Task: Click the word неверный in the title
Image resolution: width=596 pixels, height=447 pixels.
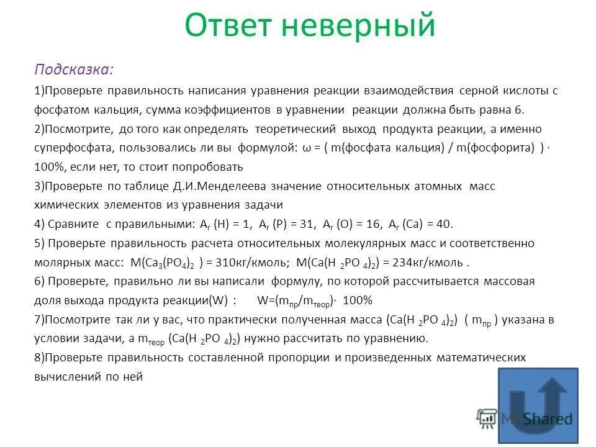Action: (360, 26)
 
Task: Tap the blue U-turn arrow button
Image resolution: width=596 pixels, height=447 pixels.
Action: (538, 406)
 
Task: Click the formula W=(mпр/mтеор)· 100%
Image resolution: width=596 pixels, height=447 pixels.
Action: (314, 300)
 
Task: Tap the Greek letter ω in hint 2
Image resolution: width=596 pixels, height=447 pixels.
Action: (308, 148)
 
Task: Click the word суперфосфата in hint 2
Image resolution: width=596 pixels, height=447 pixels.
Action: (68, 148)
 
